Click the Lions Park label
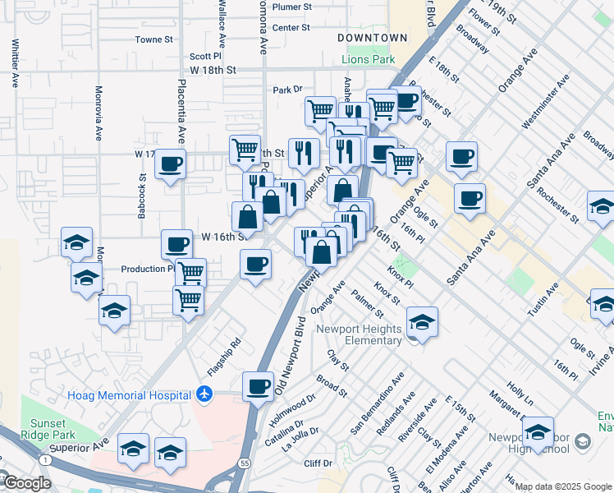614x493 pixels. (x=369, y=59)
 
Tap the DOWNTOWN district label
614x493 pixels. (x=373, y=38)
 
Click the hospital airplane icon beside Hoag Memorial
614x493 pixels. (x=204, y=395)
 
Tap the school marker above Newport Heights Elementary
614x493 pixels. (x=422, y=321)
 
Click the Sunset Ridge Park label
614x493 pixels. (x=48, y=417)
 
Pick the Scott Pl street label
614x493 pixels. (x=205, y=57)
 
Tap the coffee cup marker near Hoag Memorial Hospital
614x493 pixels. (x=259, y=386)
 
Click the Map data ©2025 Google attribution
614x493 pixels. (x=563, y=486)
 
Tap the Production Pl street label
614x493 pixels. (x=147, y=269)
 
